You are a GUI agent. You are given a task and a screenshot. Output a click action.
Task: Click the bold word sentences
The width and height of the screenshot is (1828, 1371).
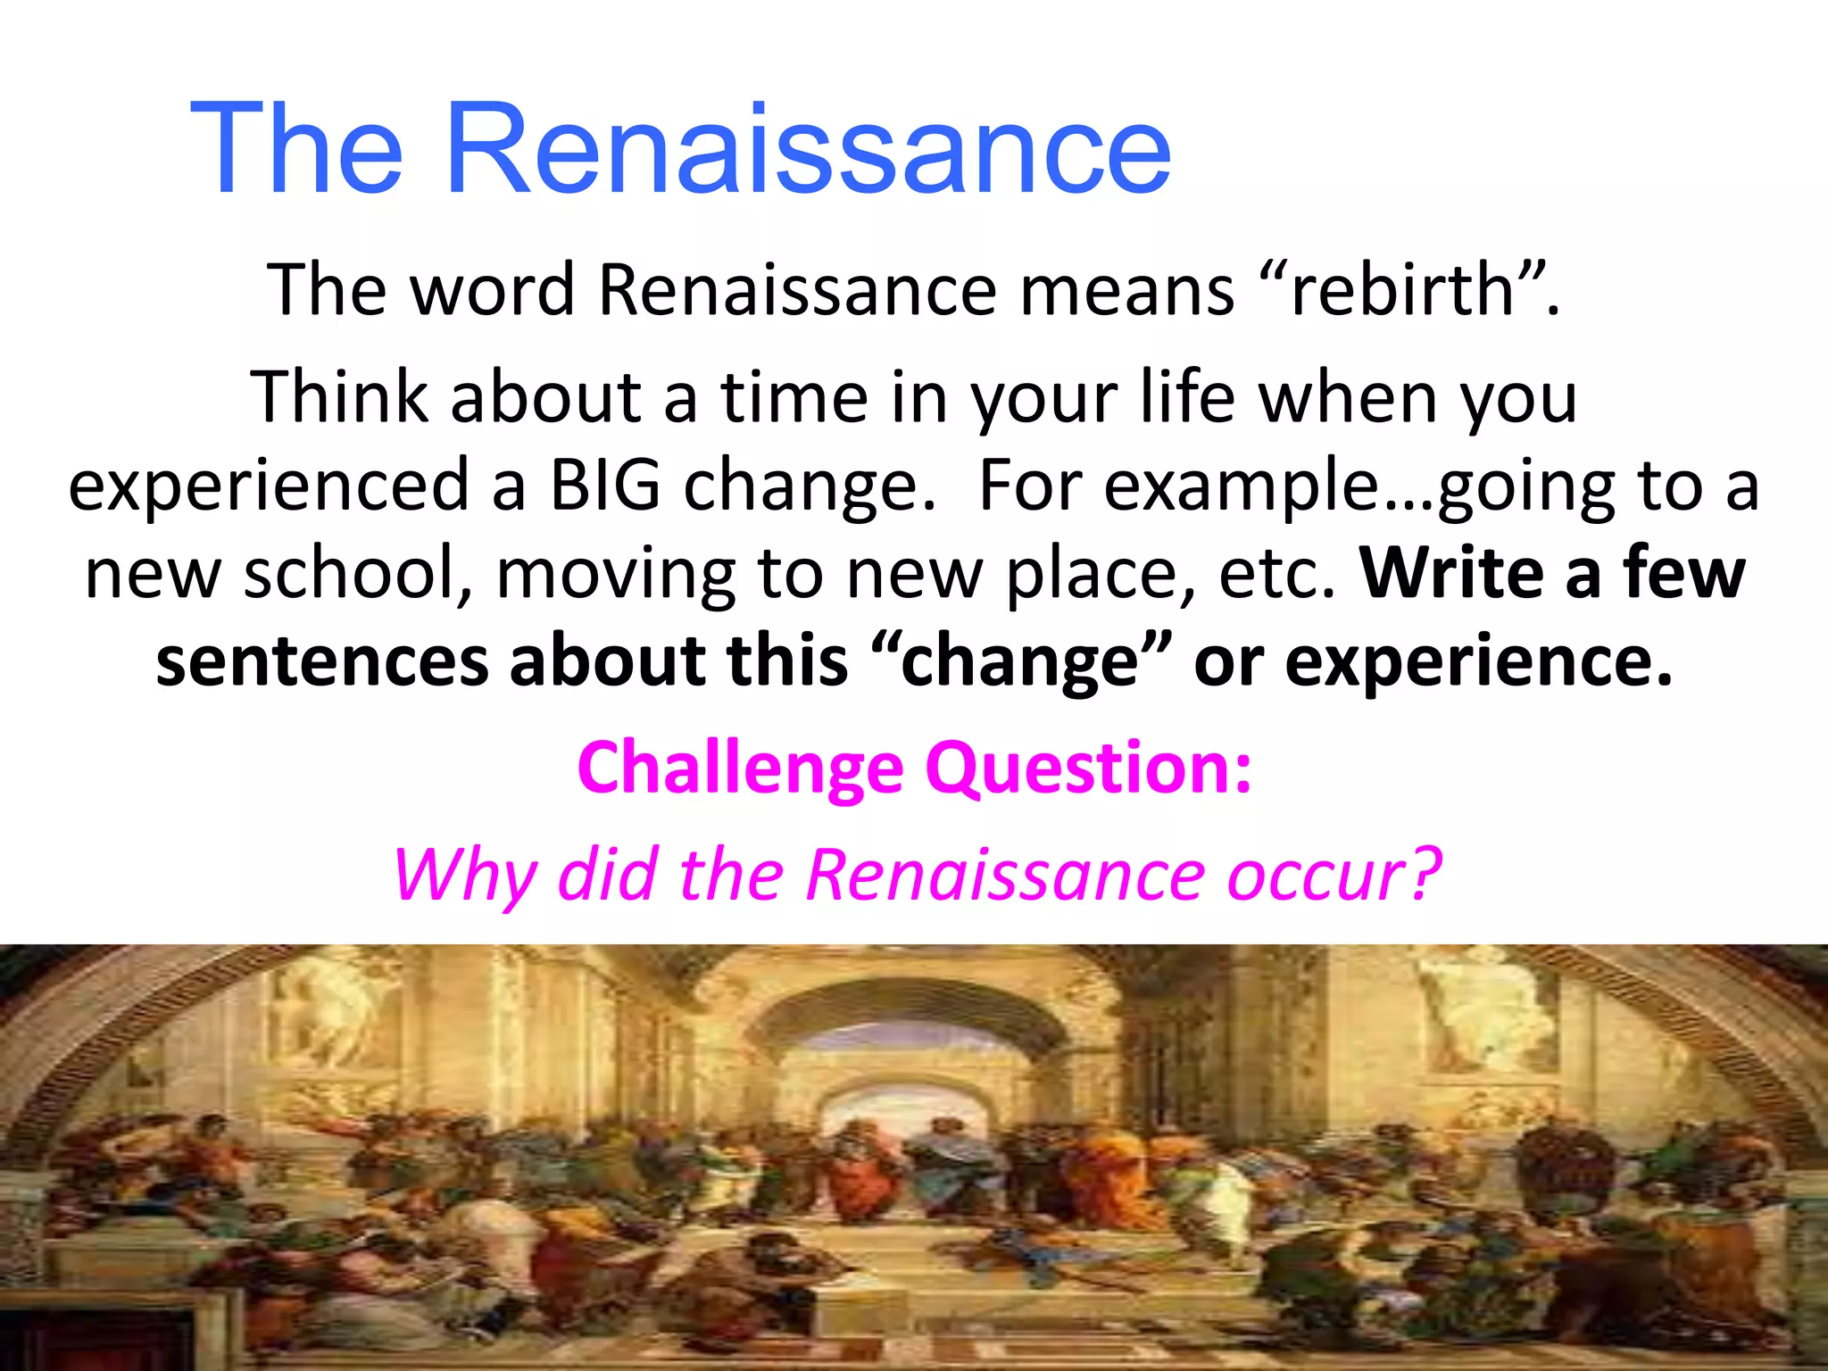(x=321, y=661)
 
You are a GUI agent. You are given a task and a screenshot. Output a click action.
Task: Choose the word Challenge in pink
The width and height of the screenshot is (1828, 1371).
(x=740, y=768)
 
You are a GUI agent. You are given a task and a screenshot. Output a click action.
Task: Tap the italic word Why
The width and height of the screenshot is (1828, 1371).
(x=464, y=875)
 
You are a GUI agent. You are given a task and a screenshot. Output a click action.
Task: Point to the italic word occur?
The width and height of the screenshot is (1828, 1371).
(x=1334, y=875)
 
